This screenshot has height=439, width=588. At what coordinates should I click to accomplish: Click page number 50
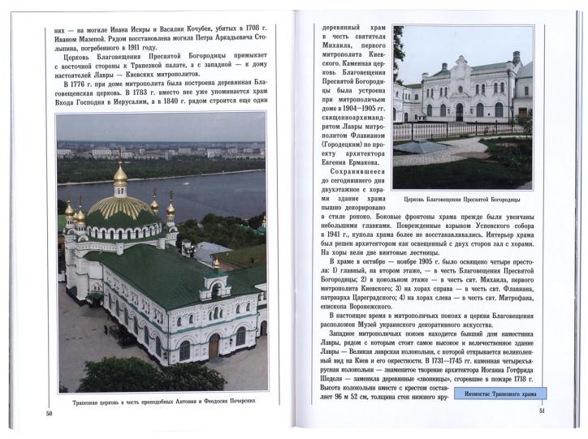pyautogui.click(x=49, y=415)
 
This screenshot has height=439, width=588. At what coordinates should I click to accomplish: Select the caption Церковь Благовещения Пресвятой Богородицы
pyautogui.click(x=460, y=200)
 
